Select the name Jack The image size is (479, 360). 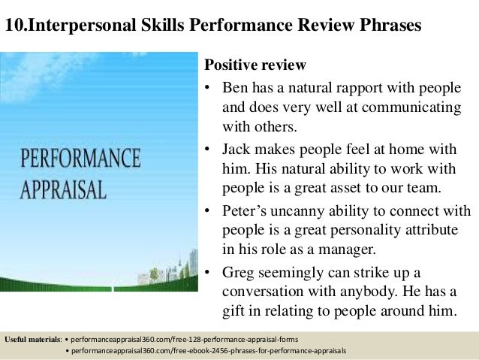point(237,148)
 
